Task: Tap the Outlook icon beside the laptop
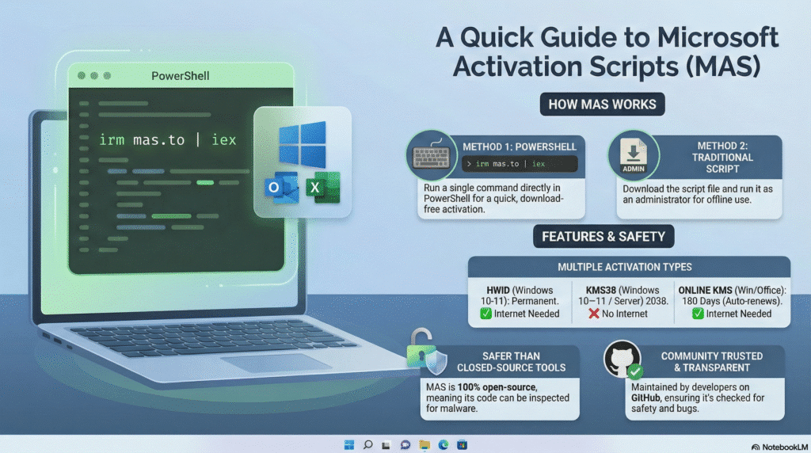274,188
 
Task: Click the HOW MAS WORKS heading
602,105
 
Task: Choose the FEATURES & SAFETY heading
602,236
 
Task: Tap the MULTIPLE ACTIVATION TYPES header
629,267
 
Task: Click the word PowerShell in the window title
180,76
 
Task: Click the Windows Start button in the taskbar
349,445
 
